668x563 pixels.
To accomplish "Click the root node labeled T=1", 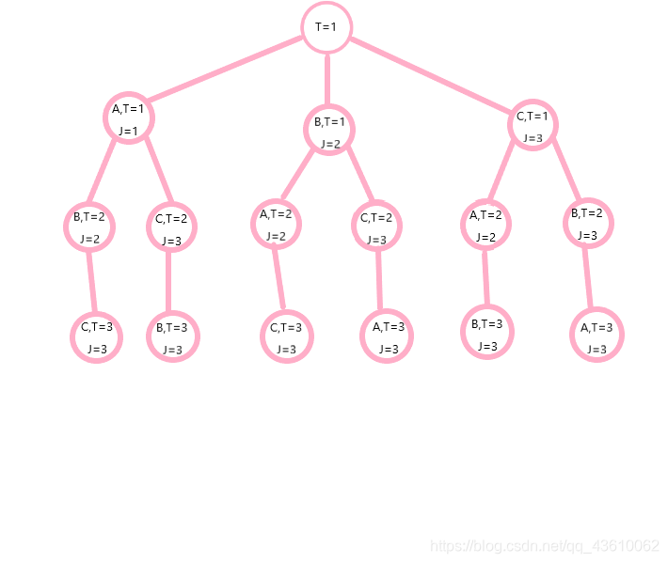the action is point(326,27).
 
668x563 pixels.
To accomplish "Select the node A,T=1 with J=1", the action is point(128,117).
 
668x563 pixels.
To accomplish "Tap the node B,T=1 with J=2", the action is point(329,130).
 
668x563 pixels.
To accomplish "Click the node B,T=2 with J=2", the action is point(89,227).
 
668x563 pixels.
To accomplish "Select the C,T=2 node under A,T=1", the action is point(171,228).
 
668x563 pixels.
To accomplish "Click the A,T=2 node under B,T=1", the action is point(277,224).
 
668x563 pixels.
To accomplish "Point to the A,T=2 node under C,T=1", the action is point(486,225).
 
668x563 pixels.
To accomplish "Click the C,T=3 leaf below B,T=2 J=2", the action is point(97,336).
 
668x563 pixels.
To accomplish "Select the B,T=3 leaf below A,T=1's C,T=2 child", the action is point(172,337).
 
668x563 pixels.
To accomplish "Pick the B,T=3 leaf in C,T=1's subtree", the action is point(487,333).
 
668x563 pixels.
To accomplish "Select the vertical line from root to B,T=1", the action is point(327,79).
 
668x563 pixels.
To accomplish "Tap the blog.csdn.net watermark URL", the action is point(544,546).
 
